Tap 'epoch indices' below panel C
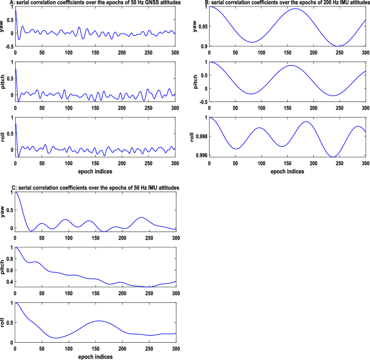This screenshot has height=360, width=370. click(x=95, y=356)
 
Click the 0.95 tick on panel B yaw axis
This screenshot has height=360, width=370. click(x=201, y=26)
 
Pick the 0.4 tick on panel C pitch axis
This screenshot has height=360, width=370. click(x=9, y=282)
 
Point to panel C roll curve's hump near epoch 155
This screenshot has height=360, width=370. click(x=98, y=321)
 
